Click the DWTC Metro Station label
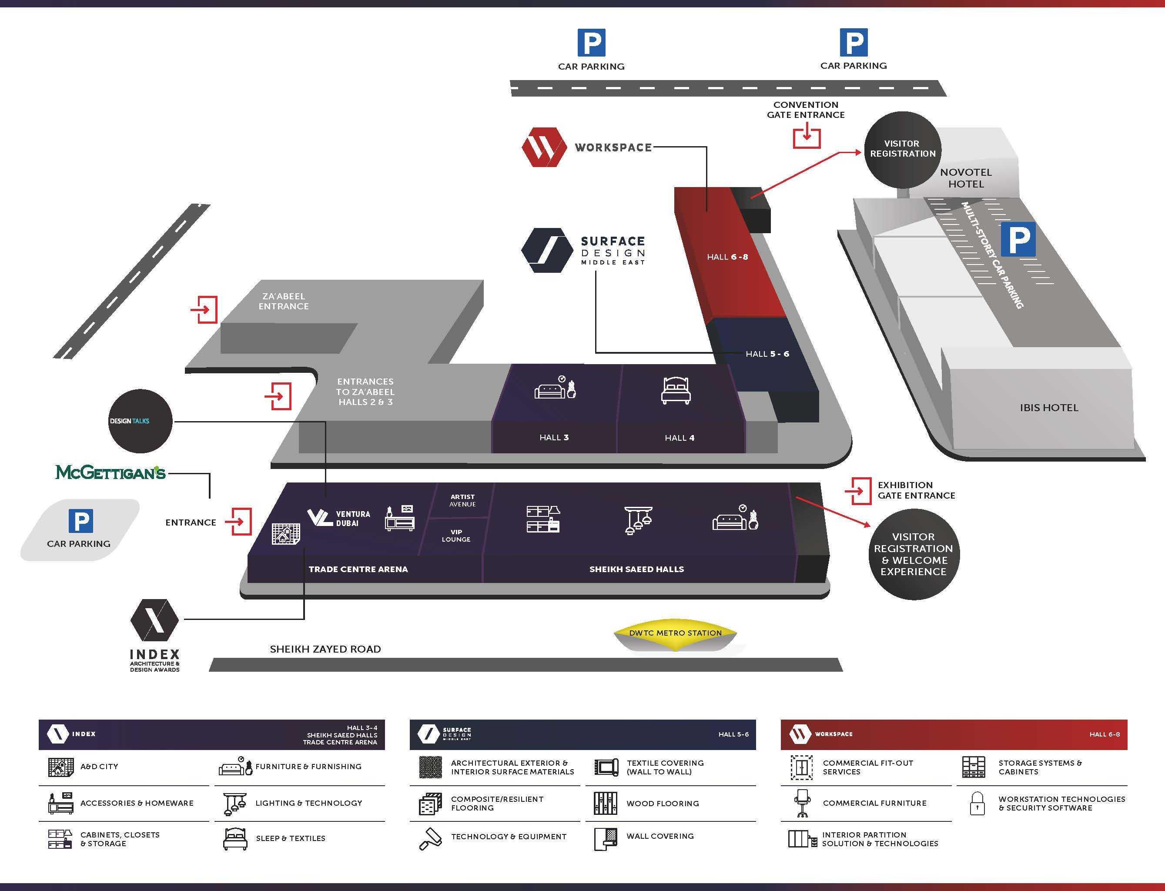(675, 633)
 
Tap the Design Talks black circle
(140, 421)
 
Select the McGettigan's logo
(110, 472)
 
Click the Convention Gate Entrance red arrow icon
(807, 135)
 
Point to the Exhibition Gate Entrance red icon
(857, 491)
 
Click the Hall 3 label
(554, 438)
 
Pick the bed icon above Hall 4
(676, 391)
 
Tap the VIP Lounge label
(456, 536)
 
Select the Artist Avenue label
(462, 501)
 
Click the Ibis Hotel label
(1048, 408)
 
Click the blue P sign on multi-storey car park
(1018, 240)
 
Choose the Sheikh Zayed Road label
(325, 649)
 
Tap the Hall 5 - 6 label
(767, 354)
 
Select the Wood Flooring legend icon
(605, 804)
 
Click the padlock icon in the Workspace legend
(977, 804)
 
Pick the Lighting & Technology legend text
(308, 803)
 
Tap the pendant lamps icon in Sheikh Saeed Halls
(638, 520)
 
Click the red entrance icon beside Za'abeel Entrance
(205, 309)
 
